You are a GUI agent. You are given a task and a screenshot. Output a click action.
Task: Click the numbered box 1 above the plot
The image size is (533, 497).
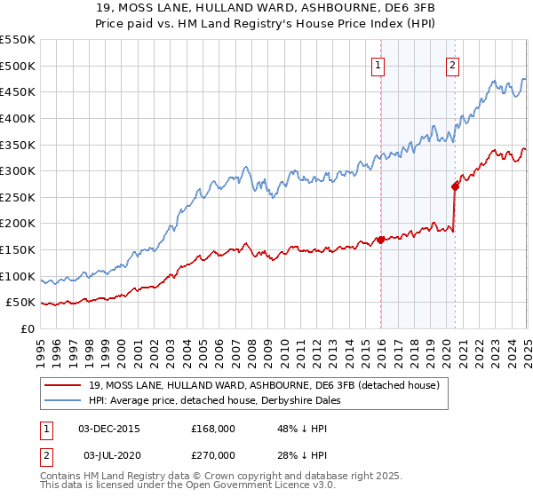pos(378,64)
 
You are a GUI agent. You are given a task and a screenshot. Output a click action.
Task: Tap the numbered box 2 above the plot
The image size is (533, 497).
pos(452,64)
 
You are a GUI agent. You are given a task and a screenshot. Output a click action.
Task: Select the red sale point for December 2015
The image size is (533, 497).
pos(380,240)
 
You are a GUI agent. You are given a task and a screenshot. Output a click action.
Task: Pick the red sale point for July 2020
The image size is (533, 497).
pos(455,186)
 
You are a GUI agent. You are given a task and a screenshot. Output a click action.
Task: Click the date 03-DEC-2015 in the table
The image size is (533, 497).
pos(109,429)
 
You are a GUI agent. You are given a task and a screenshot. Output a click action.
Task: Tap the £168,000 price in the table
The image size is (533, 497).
pos(213,429)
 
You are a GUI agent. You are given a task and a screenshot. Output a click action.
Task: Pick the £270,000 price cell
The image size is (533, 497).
pos(213,455)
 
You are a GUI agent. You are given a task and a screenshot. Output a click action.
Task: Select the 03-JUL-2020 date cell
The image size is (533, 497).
pos(109,455)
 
